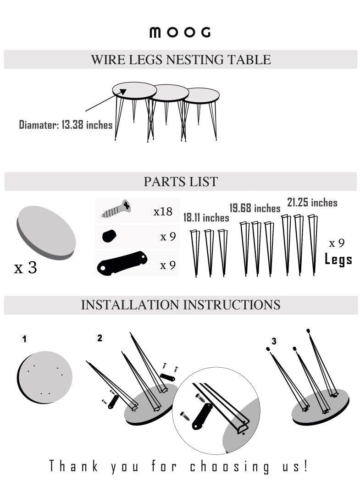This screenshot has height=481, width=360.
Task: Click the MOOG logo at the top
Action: click(180, 32)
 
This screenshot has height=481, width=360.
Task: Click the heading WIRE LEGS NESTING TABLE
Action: click(181, 60)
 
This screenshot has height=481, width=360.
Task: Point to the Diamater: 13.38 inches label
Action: click(66, 125)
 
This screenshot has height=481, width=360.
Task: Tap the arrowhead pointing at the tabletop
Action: click(123, 92)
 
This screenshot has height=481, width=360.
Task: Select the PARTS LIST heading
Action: click(181, 182)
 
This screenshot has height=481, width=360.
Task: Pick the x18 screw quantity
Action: click(163, 211)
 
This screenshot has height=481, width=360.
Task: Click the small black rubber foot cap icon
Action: click(109, 236)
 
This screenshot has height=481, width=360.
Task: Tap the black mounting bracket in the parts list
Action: click(122, 263)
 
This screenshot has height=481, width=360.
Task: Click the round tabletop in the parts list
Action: click(46, 232)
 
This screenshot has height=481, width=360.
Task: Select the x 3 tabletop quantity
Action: click(26, 267)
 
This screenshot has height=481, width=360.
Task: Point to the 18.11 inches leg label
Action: click(206, 217)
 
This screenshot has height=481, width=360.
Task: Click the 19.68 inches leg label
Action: click(255, 208)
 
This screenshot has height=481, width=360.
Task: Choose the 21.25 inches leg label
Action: click(312, 203)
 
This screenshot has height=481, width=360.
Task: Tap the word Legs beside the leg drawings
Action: click(338, 260)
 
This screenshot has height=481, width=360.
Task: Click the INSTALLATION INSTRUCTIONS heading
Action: click(181, 305)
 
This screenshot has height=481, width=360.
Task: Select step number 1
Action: click(25, 339)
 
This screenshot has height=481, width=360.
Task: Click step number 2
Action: click(100, 338)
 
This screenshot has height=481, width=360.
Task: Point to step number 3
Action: click(274, 341)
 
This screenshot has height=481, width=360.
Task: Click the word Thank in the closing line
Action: click(74, 466)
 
